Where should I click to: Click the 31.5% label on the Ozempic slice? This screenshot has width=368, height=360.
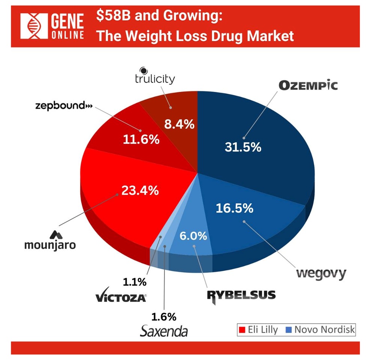(x=243, y=147)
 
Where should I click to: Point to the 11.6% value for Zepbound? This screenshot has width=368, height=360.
(x=141, y=139)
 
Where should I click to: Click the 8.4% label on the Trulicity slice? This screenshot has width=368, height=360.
(x=180, y=124)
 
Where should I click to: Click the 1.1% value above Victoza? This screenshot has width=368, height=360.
(x=135, y=281)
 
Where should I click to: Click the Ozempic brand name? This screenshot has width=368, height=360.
(x=308, y=85)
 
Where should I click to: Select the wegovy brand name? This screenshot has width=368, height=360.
(x=321, y=273)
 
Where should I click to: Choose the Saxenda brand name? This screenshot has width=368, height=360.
(x=164, y=331)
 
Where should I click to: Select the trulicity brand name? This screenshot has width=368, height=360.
(x=154, y=79)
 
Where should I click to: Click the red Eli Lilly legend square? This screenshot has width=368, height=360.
(x=242, y=330)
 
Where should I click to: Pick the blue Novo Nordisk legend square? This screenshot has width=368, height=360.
(x=288, y=330)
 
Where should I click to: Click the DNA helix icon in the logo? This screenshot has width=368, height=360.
(x=33, y=26)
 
